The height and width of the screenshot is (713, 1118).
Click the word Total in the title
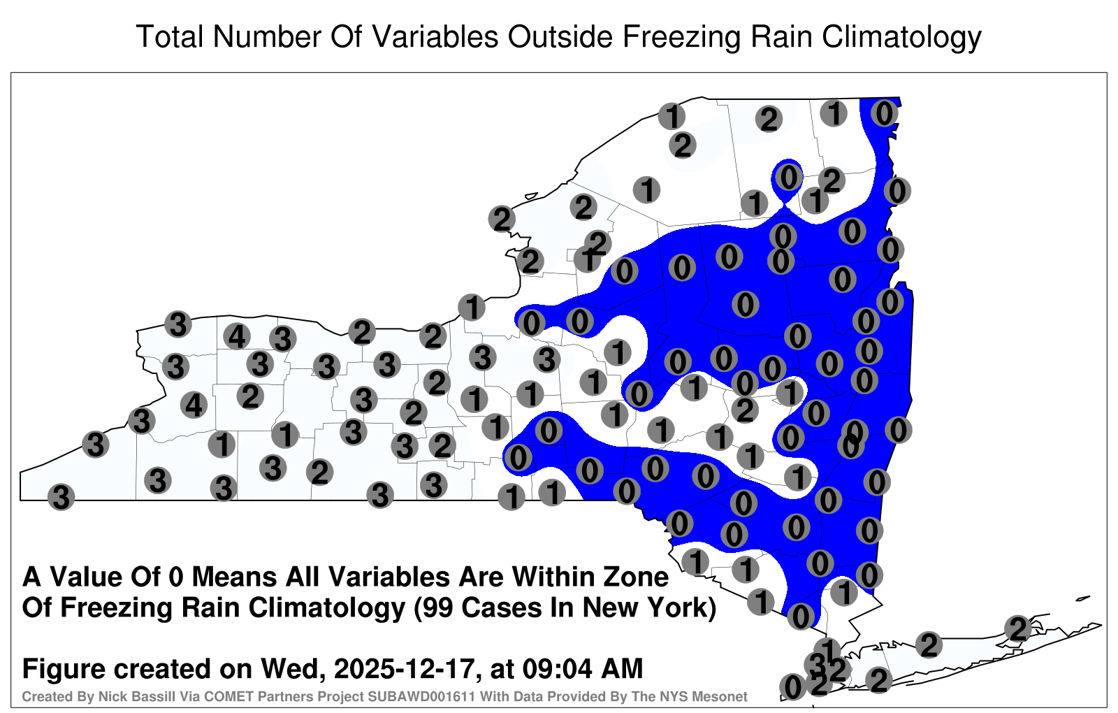pyautogui.click(x=169, y=36)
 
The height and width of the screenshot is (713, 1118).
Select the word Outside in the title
pyautogui.click(x=560, y=36)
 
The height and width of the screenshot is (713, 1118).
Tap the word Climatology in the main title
pyautogui.click(x=902, y=38)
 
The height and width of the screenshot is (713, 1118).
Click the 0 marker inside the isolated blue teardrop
pyautogui.click(x=789, y=177)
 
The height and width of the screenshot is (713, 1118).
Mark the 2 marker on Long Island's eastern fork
pyautogui.click(x=1018, y=628)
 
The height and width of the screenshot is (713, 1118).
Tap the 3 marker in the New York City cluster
pyautogui.click(x=818, y=664)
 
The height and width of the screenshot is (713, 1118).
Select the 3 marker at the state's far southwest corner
pyautogui.click(x=61, y=497)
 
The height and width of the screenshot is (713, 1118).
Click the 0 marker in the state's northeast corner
pyautogui.click(x=885, y=113)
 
